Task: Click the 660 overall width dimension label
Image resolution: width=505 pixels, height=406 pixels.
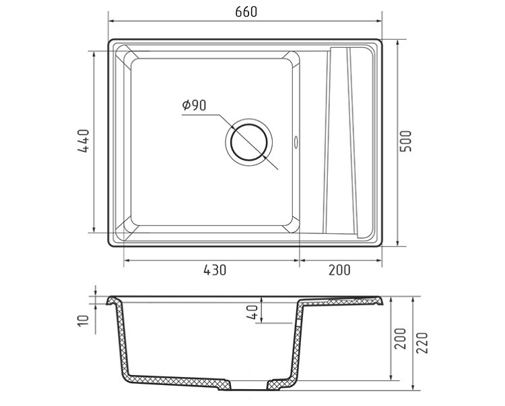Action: [x=246, y=12]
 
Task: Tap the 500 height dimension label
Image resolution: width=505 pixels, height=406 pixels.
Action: [x=405, y=141]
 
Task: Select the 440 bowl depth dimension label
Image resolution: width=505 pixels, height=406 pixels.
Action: [x=83, y=140]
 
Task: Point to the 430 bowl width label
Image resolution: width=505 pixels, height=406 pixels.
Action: [x=215, y=270]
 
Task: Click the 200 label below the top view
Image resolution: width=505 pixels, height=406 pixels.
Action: [x=339, y=270]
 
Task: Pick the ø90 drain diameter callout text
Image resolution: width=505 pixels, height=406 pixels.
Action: [x=194, y=105]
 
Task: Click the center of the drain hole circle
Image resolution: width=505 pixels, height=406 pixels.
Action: [x=249, y=142]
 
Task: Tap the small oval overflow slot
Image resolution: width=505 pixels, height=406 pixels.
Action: [x=296, y=142]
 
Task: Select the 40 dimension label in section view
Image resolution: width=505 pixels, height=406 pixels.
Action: [x=252, y=312]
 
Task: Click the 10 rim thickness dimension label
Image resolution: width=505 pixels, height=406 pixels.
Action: [x=83, y=320]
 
